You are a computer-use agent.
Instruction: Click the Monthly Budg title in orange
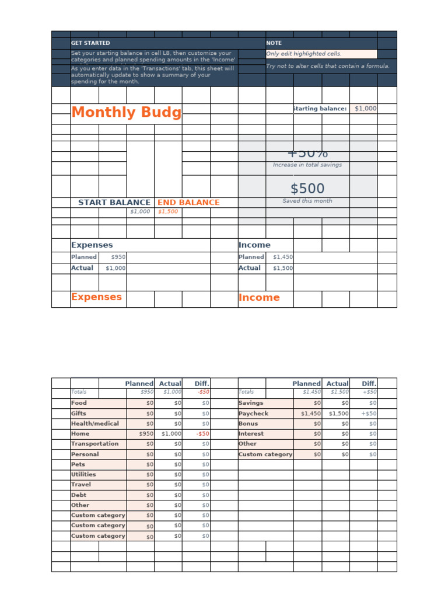tap(126, 113)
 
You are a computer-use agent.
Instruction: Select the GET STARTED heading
tap(90, 43)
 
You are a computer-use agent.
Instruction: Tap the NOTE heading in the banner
tap(274, 43)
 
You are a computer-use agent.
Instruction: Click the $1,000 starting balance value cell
tap(365, 109)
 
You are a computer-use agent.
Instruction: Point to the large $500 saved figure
tap(307, 189)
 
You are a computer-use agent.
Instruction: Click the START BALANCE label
tap(114, 203)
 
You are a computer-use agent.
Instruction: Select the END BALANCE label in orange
tap(188, 203)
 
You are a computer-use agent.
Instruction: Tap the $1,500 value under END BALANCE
tap(168, 212)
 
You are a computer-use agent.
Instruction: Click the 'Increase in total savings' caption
tap(307, 165)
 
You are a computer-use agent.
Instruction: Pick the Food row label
tap(79, 403)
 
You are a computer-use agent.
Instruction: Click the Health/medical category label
tap(94, 423)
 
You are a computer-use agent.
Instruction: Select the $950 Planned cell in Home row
tap(146, 434)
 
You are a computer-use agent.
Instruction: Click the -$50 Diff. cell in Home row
tap(202, 434)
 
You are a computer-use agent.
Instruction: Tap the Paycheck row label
tap(253, 413)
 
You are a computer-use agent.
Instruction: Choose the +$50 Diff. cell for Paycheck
tap(369, 413)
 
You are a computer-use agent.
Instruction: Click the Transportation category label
tap(94, 444)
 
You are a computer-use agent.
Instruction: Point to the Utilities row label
tap(83, 475)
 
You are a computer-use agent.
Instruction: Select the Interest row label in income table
tap(251, 434)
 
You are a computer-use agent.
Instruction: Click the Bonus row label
tap(248, 423)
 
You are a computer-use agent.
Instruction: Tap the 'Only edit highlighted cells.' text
tap(304, 54)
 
